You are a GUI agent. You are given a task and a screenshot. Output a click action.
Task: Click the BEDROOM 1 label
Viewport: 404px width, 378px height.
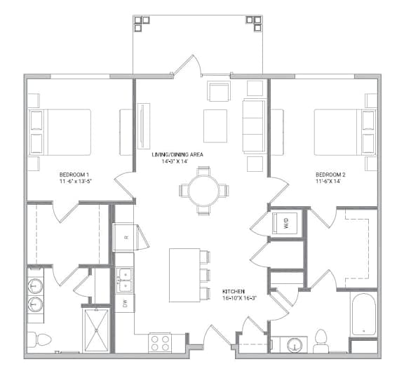74,175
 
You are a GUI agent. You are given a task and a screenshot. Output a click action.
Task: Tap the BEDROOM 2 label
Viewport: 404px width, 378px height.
330,175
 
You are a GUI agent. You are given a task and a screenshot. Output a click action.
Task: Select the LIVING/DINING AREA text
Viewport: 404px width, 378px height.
177,154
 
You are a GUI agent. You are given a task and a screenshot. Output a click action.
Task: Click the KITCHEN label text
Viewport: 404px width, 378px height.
234,292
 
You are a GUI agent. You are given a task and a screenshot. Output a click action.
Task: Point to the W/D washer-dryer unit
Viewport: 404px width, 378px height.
285,223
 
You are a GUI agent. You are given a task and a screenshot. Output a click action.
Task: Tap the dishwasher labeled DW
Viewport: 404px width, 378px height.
125,304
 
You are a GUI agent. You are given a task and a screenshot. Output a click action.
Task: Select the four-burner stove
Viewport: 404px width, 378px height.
159,343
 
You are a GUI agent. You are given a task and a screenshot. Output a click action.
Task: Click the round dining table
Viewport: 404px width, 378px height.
203,191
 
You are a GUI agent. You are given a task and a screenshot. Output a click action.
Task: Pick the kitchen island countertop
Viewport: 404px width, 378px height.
184,275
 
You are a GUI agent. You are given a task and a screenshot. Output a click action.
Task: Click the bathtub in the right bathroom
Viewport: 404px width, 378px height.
363,315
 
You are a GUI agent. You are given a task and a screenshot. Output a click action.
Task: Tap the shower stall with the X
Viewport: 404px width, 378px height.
96,330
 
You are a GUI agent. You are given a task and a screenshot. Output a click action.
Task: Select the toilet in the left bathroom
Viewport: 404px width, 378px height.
39,339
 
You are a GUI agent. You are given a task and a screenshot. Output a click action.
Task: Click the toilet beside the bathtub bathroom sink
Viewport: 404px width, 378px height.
321,341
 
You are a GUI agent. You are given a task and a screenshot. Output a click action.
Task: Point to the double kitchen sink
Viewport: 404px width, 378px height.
125,281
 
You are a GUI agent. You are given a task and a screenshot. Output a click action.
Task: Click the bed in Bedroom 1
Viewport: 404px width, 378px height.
60,132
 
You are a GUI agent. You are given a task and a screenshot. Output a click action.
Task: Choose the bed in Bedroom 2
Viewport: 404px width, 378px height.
345,132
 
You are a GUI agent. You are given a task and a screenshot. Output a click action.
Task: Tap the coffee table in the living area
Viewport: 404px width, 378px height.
215,126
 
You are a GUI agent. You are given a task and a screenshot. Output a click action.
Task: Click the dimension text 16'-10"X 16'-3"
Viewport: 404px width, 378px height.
240,298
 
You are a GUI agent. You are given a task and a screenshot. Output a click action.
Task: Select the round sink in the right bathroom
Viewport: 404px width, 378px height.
294,344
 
